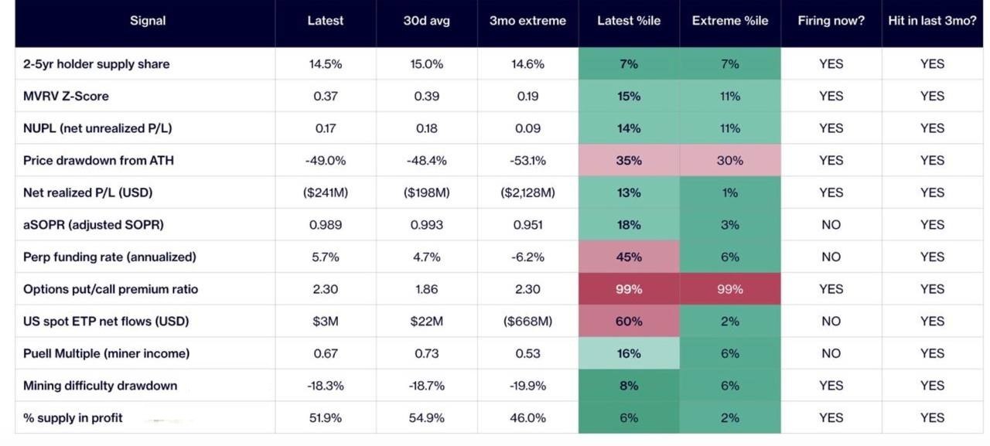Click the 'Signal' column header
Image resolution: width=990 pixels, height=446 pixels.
click(148, 21)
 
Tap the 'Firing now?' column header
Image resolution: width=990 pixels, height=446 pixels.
click(831, 21)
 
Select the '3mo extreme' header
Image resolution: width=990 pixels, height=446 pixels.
click(527, 21)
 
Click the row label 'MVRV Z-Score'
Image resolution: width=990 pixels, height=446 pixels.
click(66, 96)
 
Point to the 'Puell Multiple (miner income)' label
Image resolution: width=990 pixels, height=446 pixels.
click(107, 353)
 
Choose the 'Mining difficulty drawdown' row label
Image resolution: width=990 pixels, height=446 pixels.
click(101, 386)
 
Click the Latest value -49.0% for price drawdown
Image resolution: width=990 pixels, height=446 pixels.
click(326, 160)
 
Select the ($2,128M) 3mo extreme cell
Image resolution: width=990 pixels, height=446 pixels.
click(527, 192)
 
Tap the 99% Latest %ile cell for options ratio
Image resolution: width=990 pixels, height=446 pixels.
click(629, 289)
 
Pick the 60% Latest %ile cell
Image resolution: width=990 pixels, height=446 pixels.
click(629, 321)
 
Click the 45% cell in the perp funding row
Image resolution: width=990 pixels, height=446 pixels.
click(629, 257)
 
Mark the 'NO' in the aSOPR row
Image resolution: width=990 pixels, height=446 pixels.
click(831, 225)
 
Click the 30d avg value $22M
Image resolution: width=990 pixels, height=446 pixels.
click(426, 321)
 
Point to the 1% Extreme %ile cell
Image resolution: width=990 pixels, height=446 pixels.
click(730, 192)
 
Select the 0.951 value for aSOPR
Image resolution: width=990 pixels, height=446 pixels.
click(527, 225)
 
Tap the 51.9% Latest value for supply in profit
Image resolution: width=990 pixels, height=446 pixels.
click(326, 417)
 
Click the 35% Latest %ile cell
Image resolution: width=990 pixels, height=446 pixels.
click(629, 160)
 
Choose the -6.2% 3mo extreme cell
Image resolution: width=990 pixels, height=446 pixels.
click(527, 257)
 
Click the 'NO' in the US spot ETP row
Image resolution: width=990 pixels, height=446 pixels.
click(831, 321)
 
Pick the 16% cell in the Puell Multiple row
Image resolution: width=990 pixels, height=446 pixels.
click(629, 353)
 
